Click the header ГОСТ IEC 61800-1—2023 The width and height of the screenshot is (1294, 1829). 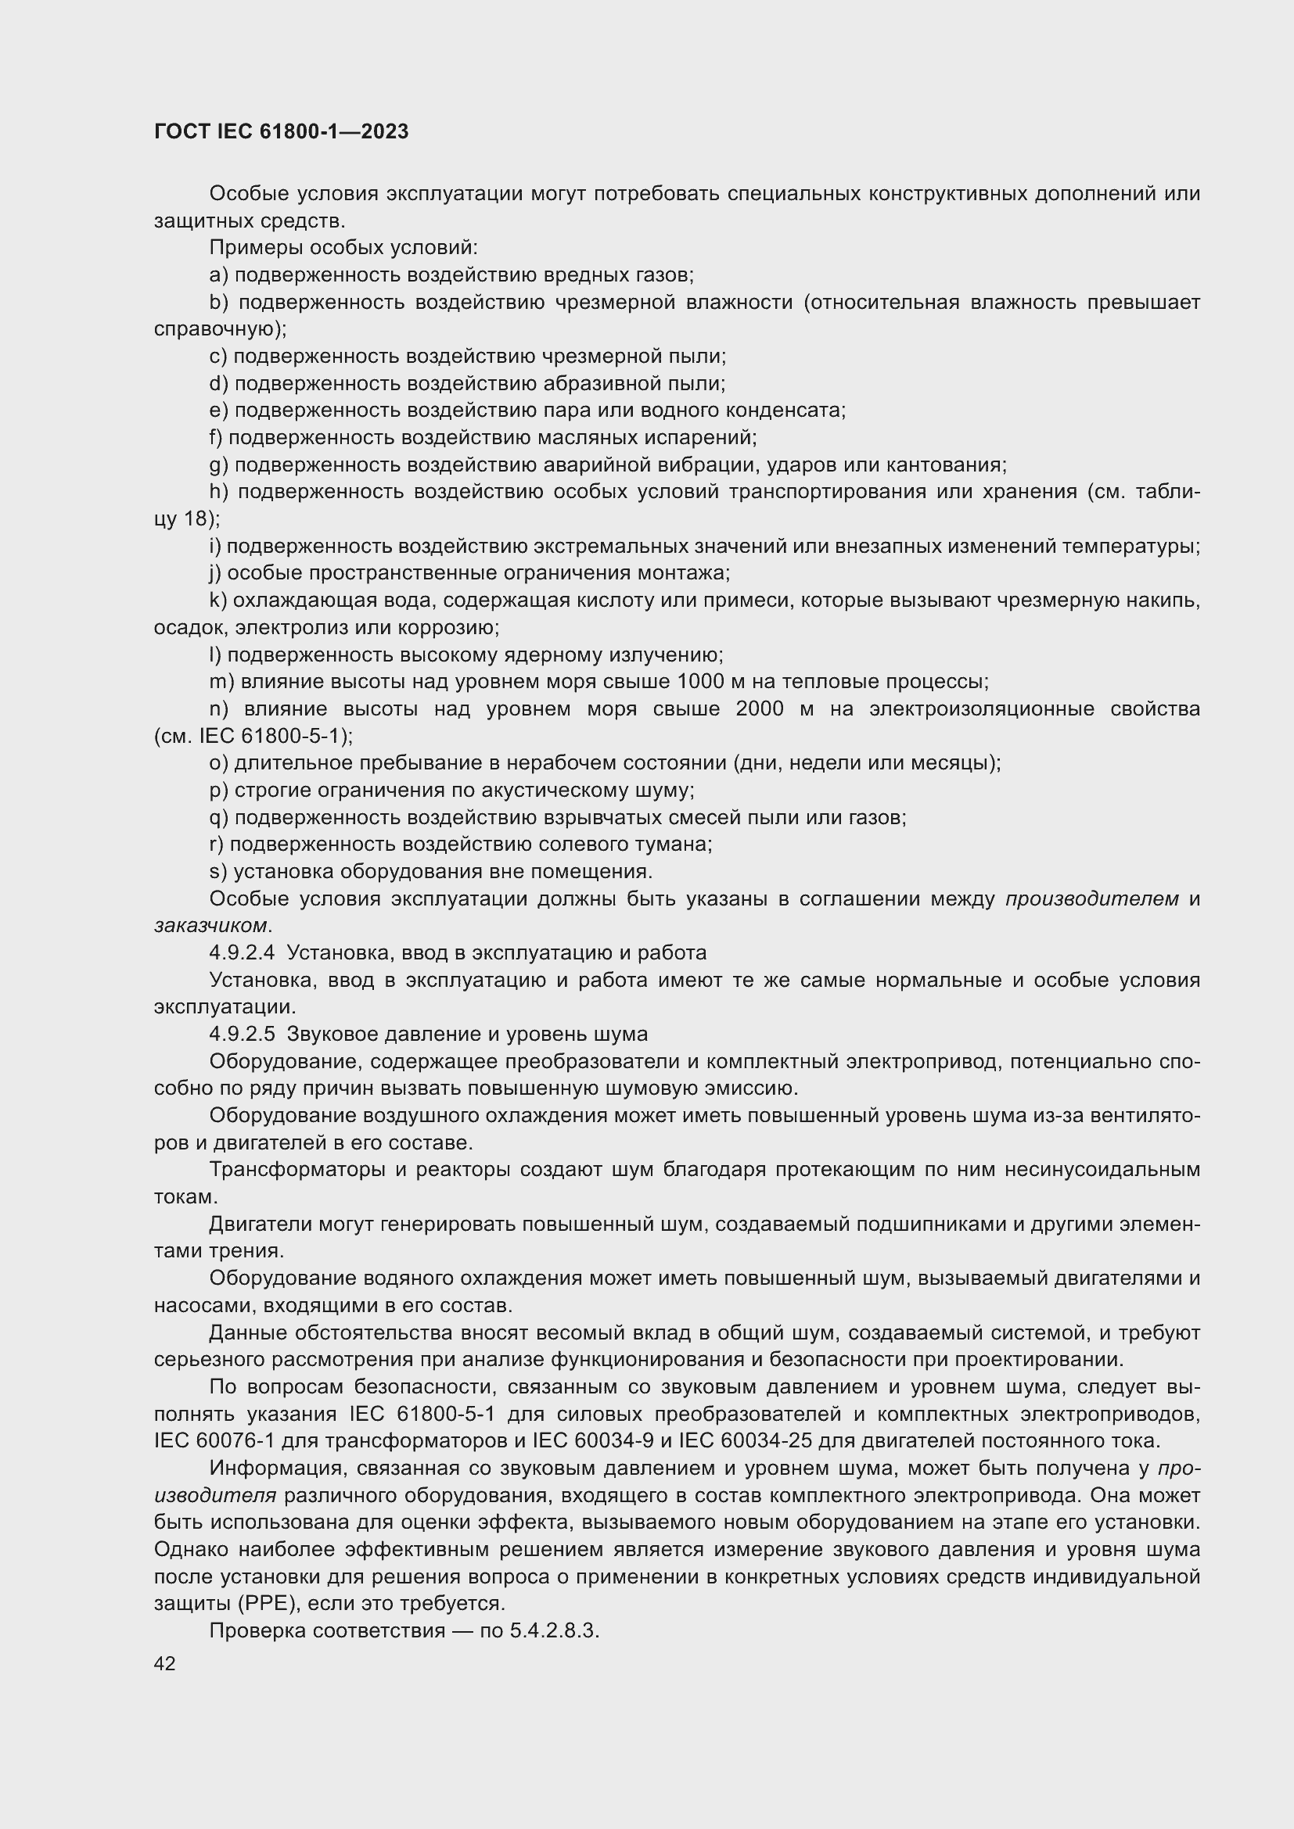(281, 131)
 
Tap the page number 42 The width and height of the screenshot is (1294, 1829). (165, 1663)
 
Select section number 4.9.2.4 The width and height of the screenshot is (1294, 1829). (242, 952)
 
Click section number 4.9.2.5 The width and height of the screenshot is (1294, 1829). (242, 1034)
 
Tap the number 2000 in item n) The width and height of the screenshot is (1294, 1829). (760, 709)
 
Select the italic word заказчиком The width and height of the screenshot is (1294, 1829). (210, 926)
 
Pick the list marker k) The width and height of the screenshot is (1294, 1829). (218, 601)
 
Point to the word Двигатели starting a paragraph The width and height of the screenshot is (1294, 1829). (261, 1224)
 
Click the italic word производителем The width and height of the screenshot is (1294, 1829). (1091, 898)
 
